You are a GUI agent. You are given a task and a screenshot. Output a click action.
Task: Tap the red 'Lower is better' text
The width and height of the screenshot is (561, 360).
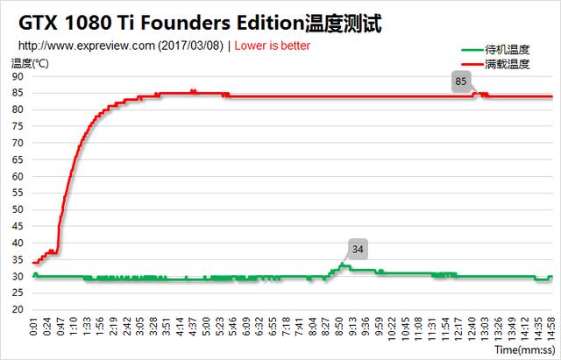(x=273, y=46)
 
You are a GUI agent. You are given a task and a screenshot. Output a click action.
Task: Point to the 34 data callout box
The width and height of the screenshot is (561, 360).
(x=357, y=249)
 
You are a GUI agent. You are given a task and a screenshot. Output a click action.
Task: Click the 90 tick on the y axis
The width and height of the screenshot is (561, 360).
(x=18, y=76)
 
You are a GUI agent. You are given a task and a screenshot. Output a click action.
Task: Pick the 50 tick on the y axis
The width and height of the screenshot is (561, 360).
(x=18, y=209)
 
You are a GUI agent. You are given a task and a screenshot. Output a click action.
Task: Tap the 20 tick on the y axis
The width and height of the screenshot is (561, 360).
(x=18, y=309)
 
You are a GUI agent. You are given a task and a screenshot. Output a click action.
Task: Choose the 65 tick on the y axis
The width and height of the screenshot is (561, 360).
(x=18, y=159)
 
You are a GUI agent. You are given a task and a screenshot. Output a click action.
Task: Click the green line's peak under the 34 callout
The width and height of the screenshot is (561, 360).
(x=343, y=264)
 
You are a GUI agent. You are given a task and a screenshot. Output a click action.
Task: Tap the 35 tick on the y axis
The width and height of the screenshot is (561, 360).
(x=18, y=259)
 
